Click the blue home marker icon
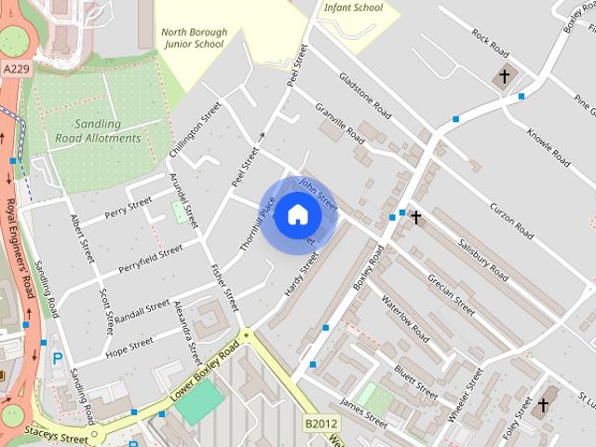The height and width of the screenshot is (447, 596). pos(297,214)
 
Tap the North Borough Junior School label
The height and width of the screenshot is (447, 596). pos(194,36)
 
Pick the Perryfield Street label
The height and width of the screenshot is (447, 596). pos(151,261)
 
